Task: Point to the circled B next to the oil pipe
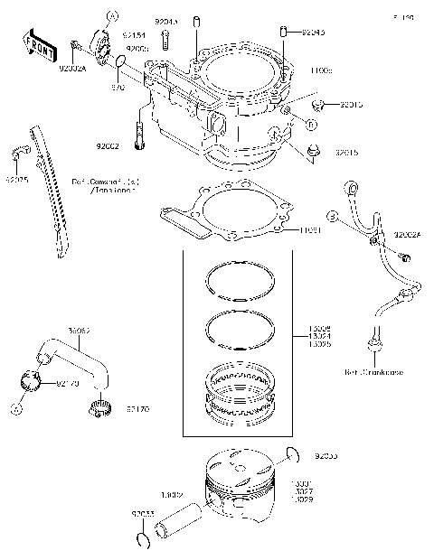pyautogui.click(x=331, y=218)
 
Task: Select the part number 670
pyautogui.click(x=117, y=88)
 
